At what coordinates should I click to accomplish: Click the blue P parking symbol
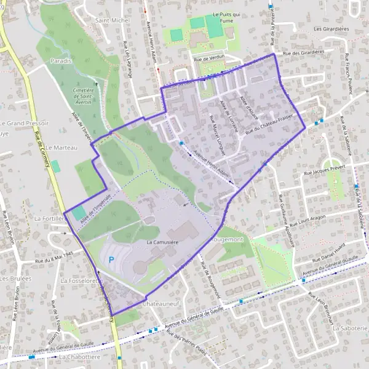pyautogui.click(x=111, y=261)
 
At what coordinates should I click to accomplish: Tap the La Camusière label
pyautogui.click(x=163, y=243)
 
